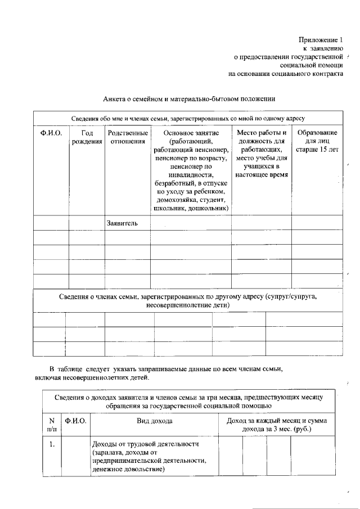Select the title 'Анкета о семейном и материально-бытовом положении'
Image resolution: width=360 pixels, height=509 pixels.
189,99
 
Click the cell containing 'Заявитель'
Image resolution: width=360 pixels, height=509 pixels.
122,223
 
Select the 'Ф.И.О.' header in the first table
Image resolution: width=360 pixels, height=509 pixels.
51,133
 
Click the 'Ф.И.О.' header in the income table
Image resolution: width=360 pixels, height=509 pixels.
76,421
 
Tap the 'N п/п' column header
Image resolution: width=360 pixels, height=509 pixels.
52,425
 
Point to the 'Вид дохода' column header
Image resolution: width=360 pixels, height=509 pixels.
154,421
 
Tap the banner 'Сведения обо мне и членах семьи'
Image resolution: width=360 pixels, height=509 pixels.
188,119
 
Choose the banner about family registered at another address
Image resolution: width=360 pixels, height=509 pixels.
188,300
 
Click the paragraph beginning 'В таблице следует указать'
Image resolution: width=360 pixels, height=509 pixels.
163,373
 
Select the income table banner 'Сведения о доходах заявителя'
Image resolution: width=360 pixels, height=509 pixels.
188,401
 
